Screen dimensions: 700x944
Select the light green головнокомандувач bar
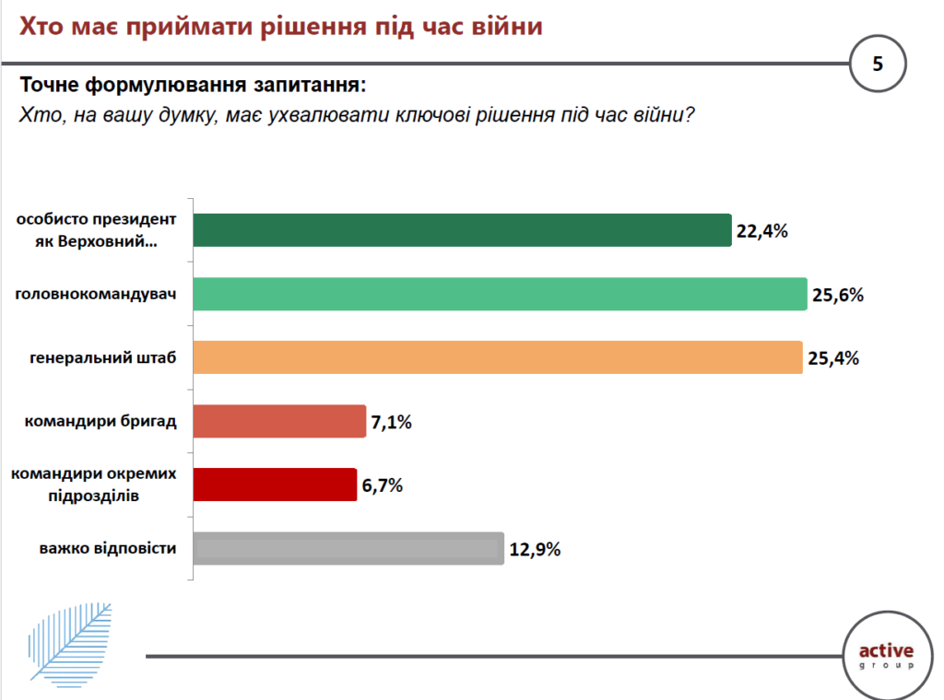(x=501, y=294)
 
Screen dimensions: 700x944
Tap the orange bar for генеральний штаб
(x=498, y=357)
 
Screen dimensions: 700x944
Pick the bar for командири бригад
(x=280, y=422)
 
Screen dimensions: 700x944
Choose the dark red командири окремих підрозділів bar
(x=276, y=484)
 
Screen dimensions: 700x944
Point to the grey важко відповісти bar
(x=349, y=548)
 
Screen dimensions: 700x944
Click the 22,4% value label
(x=761, y=231)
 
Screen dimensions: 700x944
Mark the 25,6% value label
(x=837, y=295)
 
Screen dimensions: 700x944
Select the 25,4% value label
(x=832, y=358)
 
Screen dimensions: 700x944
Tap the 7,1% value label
(x=392, y=423)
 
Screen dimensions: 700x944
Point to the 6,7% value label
(x=383, y=485)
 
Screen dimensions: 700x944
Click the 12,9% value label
(x=535, y=550)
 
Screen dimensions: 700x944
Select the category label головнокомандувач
(x=97, y=295)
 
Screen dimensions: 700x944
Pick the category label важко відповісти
(x=108, y=549)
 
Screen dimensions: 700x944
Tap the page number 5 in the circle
(x=878, y=64)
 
